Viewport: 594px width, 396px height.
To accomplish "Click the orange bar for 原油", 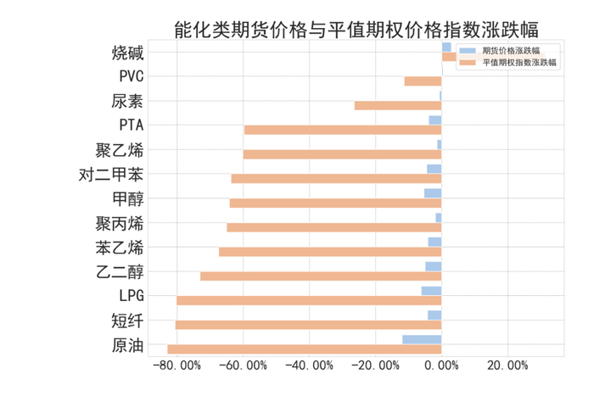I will click(x=304, y=349).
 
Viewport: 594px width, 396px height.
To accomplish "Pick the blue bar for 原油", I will click(x=422, y=339).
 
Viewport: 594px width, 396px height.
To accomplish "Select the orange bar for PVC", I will click(x=423, y=81).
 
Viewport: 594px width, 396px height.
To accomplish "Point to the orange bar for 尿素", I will click(x=398, y=105).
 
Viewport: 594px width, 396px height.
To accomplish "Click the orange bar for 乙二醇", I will click(x=321, y=276).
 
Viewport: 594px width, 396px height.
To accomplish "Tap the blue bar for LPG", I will click(x=431, y=291).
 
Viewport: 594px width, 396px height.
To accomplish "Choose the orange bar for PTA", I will click(x=343, y=130).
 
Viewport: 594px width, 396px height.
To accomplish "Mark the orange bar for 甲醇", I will click(x=335, y=204).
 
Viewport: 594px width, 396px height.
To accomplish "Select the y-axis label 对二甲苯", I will click(x=110, y=176).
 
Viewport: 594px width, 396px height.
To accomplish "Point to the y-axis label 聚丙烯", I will click(x=120, y=224).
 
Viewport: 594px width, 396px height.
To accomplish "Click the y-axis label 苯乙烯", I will click(x=120, y=248).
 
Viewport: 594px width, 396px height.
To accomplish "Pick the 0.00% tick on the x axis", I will click(x=441, y=365).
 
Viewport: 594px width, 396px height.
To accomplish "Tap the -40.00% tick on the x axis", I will click(x=309, y=365).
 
